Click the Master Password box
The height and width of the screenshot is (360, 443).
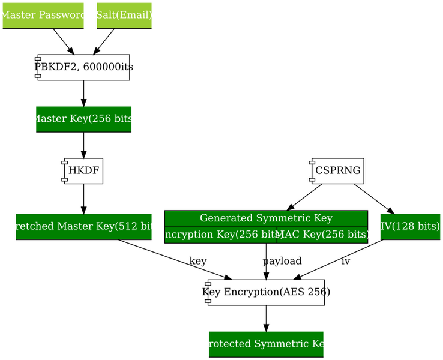tap(43, 15)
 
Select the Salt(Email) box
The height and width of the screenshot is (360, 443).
tap(124, 15)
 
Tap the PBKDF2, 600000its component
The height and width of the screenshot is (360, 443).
tap(83, 67)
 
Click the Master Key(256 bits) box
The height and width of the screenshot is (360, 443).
tap(83, 119)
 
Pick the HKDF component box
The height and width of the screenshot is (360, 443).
tap(83, 171)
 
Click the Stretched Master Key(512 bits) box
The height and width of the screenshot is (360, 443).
tap(83, 226)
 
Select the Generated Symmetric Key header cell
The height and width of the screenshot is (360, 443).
tap(266, 218)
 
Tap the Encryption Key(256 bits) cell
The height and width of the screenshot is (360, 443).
tap(220, 235)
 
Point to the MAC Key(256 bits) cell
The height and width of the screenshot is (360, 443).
tap(322, 235)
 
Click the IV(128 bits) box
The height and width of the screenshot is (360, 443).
tap(410, 226)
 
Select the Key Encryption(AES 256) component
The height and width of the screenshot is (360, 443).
tap(266, 292)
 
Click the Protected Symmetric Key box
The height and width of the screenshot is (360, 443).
tap(266, 344)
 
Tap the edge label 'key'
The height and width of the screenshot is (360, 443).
tap(197, 261)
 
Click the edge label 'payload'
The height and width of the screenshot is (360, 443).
tap(282, 261)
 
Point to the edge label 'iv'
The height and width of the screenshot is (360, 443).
tap(345, 261)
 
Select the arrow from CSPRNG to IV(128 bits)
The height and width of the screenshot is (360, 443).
tap(373, 199)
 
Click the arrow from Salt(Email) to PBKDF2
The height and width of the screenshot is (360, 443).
tap(104, 41)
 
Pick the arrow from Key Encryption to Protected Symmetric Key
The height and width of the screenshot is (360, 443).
tap(266, 318)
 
